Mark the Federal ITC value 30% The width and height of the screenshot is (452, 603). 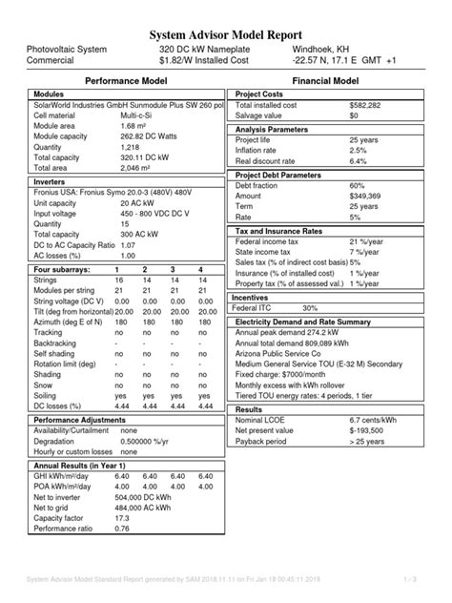pyautogui.click(x=310, y=308)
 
